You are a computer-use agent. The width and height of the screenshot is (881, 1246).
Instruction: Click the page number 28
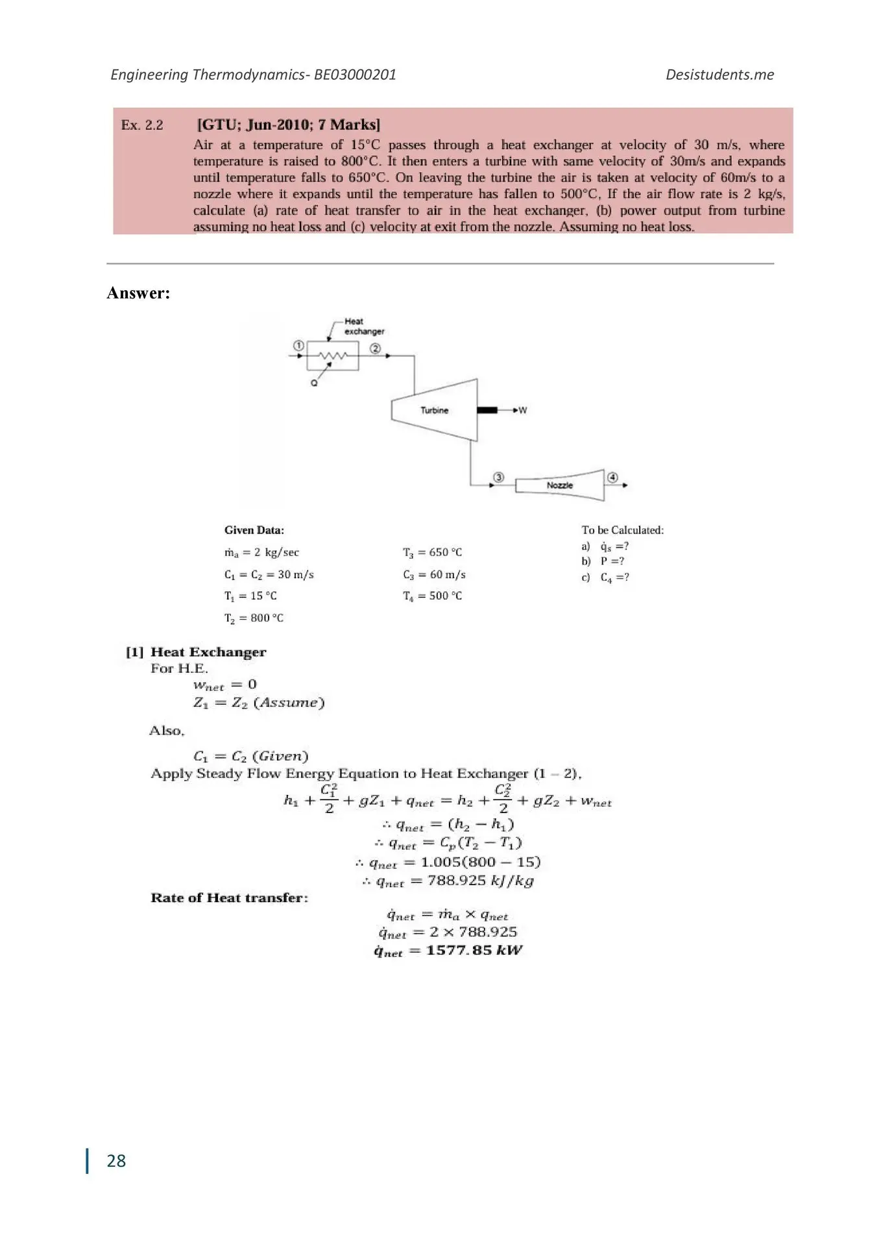click(x=116, y=1161)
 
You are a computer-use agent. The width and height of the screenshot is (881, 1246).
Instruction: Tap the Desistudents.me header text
click(x=719, y=75)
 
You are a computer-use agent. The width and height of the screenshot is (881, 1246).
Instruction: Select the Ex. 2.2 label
click(x=142, y=125)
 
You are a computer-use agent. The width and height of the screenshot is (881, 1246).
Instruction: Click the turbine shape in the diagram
click(x=434, y=410)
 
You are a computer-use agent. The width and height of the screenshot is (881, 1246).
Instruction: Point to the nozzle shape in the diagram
click(x=559, y=485)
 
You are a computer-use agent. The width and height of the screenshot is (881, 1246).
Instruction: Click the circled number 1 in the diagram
click(x=298, y=346)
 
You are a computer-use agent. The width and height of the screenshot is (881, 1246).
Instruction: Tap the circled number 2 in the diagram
click(x=375, y=348)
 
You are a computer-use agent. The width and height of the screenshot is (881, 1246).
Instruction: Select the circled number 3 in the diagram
click(x=498, y=477)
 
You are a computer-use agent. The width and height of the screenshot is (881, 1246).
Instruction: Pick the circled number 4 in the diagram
click(x=612, y=477)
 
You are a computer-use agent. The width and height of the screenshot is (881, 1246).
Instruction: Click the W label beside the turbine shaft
click(x=523, y=410)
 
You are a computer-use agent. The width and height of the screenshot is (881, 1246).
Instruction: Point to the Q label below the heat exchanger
click(x=314, y=383)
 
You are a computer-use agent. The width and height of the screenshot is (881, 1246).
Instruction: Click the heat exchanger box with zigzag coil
click(x=333, y=356)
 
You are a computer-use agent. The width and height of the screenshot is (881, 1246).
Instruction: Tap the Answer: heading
click(x=138, y=293)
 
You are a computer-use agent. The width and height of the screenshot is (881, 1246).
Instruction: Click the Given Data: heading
click(x=254, y=530)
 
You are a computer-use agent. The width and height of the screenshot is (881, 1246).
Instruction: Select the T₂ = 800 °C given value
click(x=254, y=618)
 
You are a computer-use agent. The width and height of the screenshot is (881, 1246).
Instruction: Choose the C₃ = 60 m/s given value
click(x=434, y=575)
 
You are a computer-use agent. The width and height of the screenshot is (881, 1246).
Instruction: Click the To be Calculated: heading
click(x=622, y=530)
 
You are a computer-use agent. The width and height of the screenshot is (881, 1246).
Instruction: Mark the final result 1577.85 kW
click(x=474, y=951)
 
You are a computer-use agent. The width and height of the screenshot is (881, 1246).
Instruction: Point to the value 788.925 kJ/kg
click(x=480, y=881)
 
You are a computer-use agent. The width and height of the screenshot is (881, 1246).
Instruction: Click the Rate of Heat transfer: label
click(x=229, y=898)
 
